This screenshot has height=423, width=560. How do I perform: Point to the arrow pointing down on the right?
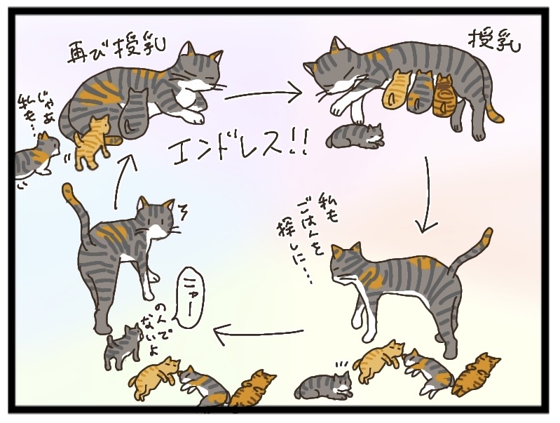click(426, 195)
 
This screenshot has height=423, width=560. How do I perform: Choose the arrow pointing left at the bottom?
click(258, 335)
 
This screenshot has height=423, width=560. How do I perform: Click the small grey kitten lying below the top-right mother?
click(356, 136)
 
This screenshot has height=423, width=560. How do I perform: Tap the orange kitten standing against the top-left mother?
click(93, 143)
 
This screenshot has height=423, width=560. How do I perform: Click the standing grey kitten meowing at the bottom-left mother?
click(123, 347)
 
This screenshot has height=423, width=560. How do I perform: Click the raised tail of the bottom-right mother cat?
click(472, 250)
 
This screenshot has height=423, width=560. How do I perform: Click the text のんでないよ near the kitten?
click(154, 328)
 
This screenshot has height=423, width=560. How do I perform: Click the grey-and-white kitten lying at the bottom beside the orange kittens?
click(325, 385)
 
